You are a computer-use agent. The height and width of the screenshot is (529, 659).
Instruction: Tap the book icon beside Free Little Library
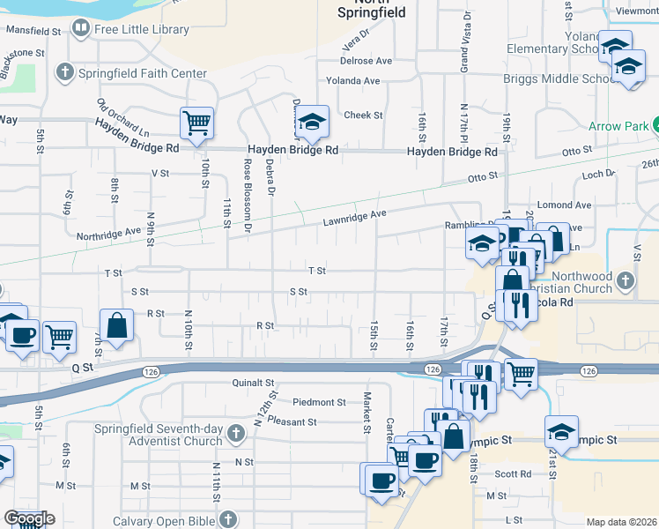pyautogui.click(x=81, y=29)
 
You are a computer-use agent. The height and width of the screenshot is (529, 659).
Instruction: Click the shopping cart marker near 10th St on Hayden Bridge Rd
pyautogui.click(x=196, y=123)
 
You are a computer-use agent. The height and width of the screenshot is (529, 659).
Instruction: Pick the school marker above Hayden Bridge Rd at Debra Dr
pyautogui.click(x=311, y=123)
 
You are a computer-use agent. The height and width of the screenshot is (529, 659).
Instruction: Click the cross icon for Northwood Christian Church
pyautogui.click(x=626, y=281)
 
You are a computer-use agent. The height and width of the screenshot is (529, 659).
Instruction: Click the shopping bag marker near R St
pyautogui.click(x=116, y=325)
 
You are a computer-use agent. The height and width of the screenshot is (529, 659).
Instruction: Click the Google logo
pyautogui.click(x=29, y=518)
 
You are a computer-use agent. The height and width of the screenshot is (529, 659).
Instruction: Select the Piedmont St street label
pyautogui.click(x=319, y=402)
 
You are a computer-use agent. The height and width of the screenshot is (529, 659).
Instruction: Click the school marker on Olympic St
pyautogui.click(x=561, y=432)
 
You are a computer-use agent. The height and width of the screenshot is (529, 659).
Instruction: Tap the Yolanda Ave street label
pyautogui.click(x=352, y=81)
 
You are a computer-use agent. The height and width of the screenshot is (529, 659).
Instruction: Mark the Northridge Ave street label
pyautogui.click(x=109, y=233)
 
